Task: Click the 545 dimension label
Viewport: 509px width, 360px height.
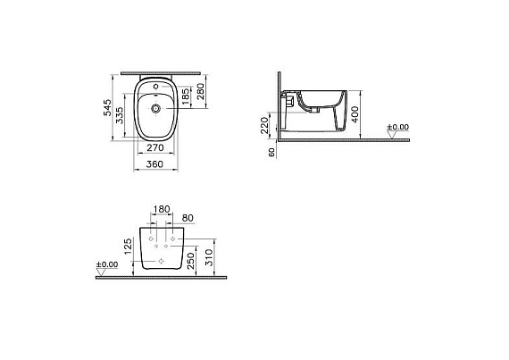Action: coord(107,107)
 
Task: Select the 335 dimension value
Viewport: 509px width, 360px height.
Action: coord(120,115)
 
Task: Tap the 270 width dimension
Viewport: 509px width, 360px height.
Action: coord(155,147)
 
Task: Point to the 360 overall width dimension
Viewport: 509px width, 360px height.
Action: coord(154,164)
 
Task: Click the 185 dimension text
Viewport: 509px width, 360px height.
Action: coord(186,96)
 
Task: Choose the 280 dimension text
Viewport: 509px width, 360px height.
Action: coord(201,91)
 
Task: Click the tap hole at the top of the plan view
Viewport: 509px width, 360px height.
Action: coord(155,87)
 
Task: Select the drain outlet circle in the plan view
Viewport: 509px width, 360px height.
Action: coord(156,108)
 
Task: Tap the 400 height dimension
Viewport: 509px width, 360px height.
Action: coord(355,114)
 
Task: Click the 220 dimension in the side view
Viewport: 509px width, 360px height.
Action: coord(264,125)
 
